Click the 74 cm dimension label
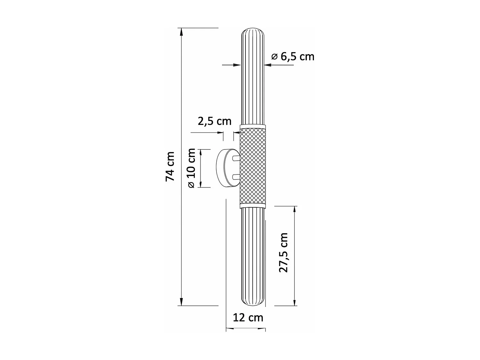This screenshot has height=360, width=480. pyautogui.click(x=170, y=166)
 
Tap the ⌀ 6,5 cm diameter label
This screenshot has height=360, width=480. pyautogui.click(x=293, y=57)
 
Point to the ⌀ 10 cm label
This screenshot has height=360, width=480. pyautogui.click(x=191, y=168)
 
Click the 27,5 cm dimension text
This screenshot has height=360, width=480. pyautogui.click(x=284, y=253)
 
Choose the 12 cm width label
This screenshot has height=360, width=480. pyautogui.click(x=248, y=317)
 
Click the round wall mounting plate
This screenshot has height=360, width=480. pyautogui.click(x=224, y=168)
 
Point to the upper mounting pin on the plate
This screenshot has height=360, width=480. pyautogui.click(x=236, y=158)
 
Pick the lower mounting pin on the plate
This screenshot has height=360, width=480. pyautogui.click(x=236, y=176)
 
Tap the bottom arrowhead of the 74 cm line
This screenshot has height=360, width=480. pyautogui.click(x=181, y=302)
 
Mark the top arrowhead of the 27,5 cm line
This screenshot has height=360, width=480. pyautogui.click(x=295, y=210)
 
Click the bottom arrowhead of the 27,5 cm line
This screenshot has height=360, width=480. pyautogui.click(x=295, y=302)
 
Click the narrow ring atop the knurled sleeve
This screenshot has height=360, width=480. pyautogui.click(x=253, y=126)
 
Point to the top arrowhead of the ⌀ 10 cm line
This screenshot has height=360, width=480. pyautogui.click(x=201, y=153)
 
